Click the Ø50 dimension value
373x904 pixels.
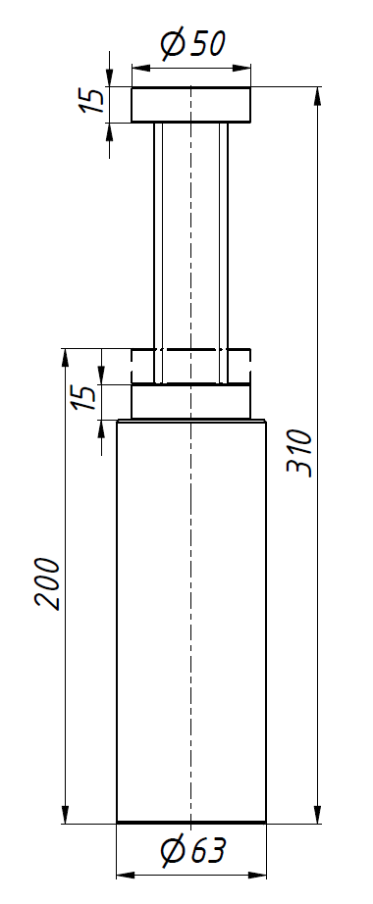[192, 44]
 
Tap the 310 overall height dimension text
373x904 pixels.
[299, 453]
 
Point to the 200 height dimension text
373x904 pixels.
[47, 583]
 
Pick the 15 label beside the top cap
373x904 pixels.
[92, 100]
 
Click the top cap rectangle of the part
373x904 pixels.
[191, 104]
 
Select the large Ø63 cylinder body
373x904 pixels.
[191, 621]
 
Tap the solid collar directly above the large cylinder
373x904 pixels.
[191, 401]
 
